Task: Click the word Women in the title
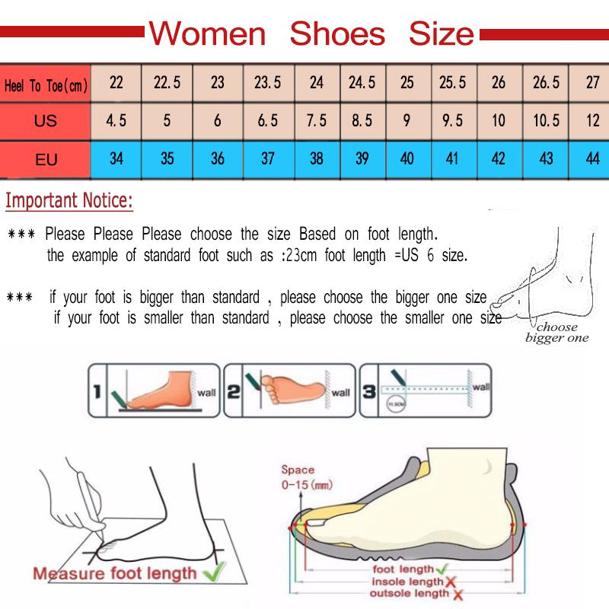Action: tap(207, 33)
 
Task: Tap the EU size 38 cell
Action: tap(317, 159)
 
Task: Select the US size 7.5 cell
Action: tap(317, 120)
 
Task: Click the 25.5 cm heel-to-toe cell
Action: tap(452, 82)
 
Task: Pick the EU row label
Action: tap(46, 160)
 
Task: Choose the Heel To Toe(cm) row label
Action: tap(46, 86)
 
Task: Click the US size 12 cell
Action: tap(592, 120)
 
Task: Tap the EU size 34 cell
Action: tap(116, 159)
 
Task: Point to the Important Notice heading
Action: tap(69, 202)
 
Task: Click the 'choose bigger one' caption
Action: tap(557, 333)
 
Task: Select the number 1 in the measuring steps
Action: tap(97, 392)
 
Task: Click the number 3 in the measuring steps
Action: tap(368, 392)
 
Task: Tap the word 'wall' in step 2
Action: tap(341, 393)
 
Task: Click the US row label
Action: tap(46, 121)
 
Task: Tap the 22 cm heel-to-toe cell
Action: tap(116, 82)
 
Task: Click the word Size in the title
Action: tap(442, 33)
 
